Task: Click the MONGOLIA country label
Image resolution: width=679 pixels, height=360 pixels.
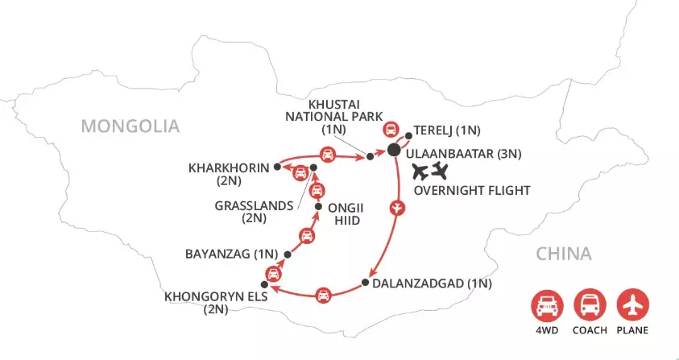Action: [129, 126]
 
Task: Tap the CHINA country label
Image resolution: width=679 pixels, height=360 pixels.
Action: [564, 254]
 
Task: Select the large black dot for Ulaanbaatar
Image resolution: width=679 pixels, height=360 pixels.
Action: [394, 150]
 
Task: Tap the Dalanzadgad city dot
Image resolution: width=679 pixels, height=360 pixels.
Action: [365, 282]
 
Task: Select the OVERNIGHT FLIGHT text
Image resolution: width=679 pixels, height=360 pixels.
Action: [471, 191]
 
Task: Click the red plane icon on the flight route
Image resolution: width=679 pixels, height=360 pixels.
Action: [395, 208]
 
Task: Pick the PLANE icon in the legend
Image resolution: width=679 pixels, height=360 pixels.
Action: [631, 306]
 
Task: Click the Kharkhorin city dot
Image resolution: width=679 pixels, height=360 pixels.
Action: [276, 167]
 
